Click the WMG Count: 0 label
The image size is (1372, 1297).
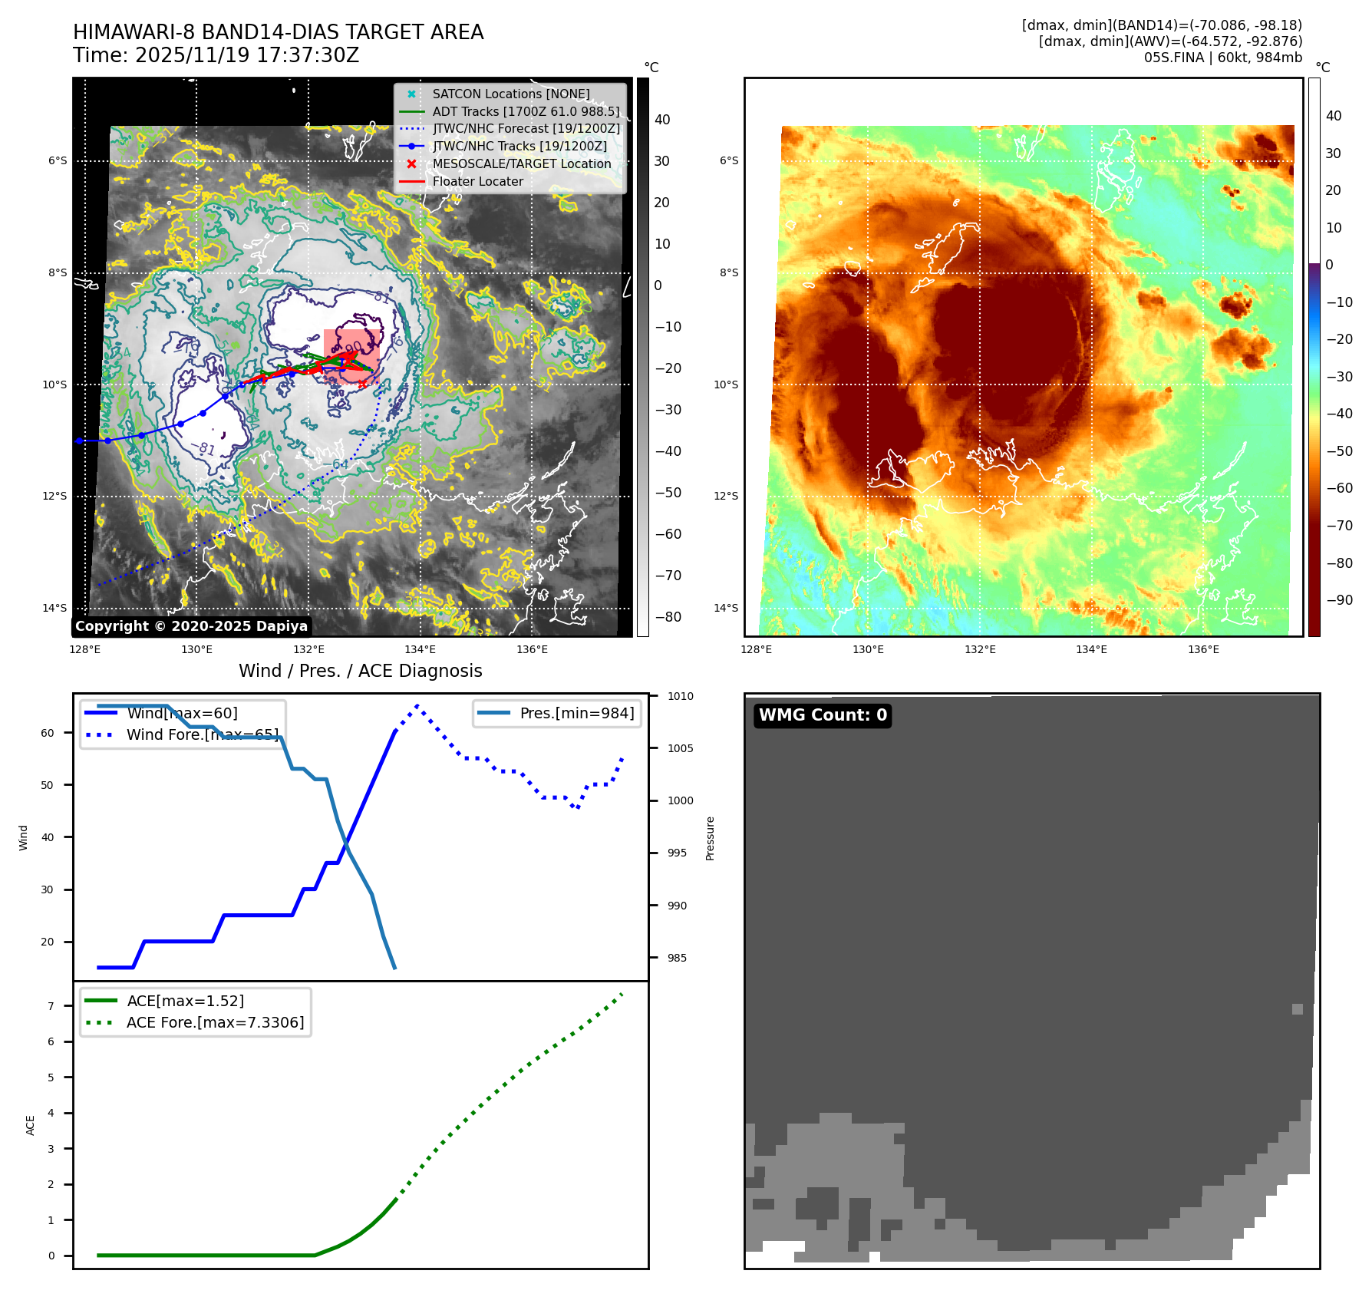point(823,715)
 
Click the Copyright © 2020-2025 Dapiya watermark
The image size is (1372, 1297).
point(191,626)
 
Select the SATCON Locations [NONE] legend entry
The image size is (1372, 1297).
point(510,94)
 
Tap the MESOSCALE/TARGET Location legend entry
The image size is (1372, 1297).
point(521,163)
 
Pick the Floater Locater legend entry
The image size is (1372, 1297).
point(477,181)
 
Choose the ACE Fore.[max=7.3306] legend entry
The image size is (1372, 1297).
point(215,1022)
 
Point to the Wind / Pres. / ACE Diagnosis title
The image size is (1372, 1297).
point(360,671)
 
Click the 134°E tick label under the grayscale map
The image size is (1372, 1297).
point(420,649)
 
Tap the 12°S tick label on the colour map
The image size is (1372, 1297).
point(726,496)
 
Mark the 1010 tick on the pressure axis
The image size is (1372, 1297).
point(680,696)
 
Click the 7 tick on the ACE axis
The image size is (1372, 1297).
point(51,1005)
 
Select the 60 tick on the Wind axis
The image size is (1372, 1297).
point(48,733)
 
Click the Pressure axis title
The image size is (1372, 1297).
point(710,838)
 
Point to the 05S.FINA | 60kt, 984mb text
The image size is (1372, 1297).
point(1222,58)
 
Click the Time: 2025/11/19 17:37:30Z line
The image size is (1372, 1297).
point(216,55)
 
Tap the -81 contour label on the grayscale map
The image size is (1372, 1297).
point(203,447)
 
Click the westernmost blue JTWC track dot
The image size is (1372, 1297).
point(79,441)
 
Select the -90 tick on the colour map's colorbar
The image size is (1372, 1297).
point(1339,600)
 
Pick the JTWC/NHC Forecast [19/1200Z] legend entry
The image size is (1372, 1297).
point(526,128)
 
